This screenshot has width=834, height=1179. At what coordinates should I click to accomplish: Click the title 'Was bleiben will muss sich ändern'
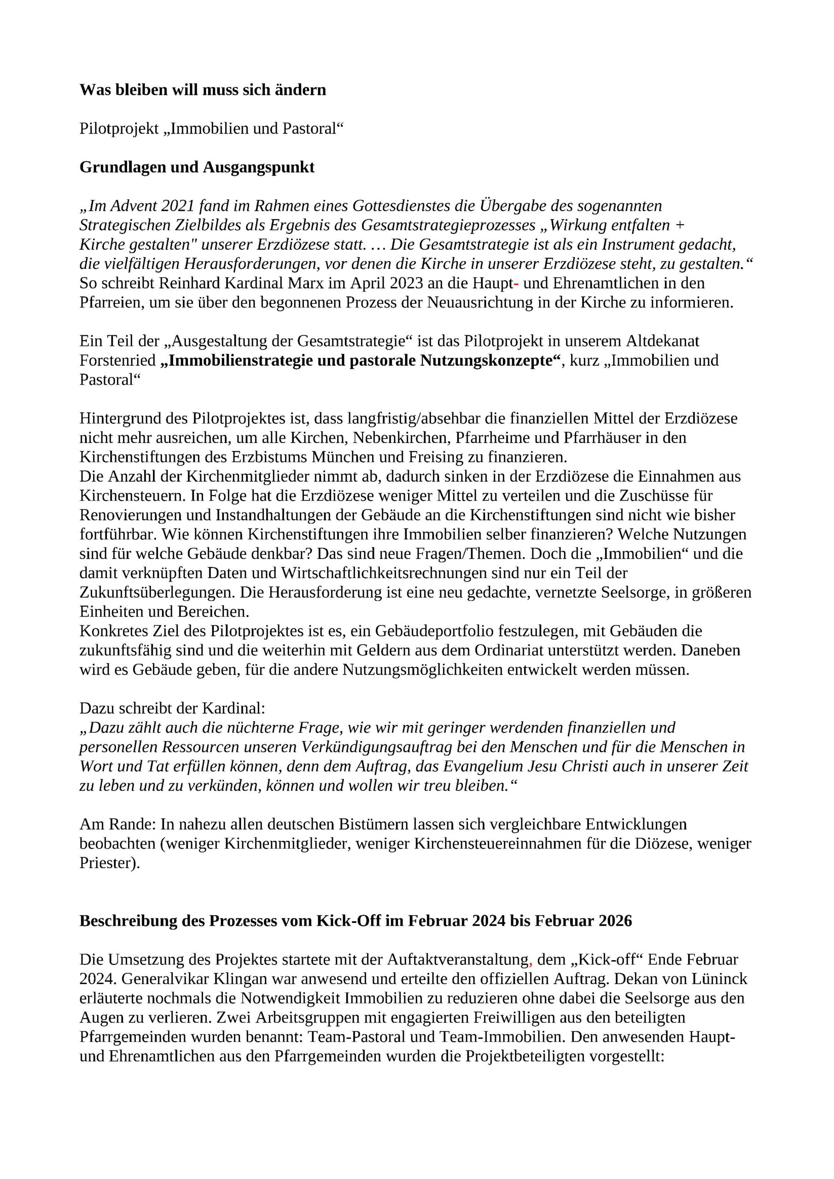(202, 90)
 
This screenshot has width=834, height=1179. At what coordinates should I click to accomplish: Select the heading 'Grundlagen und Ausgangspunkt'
(197, 167)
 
